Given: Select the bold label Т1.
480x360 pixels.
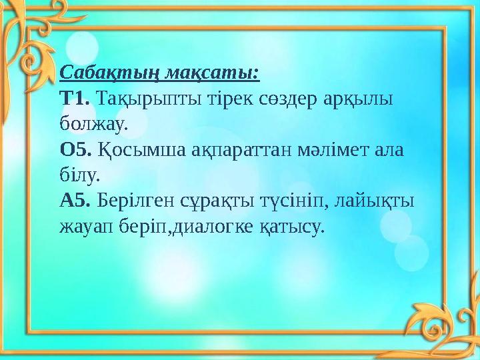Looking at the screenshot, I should click(75, 98).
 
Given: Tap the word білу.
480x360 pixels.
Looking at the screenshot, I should click(79, 175).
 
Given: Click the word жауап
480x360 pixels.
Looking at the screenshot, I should click(87, 227).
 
